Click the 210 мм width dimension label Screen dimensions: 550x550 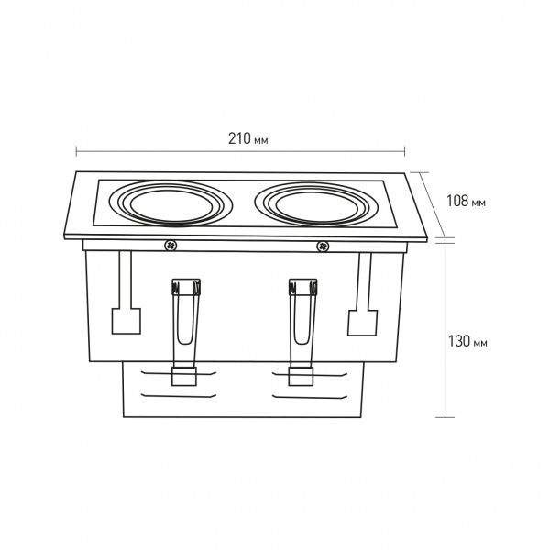point(248,139)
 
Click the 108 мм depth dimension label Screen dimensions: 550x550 point(466,201)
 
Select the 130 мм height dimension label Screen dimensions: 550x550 point(467,341)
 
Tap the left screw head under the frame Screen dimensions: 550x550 point(170,246)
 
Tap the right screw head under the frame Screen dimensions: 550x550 point(323,247)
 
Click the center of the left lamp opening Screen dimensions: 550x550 point(171,205)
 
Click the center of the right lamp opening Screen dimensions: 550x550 point(317,207)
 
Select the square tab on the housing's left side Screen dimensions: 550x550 point(126,321)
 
